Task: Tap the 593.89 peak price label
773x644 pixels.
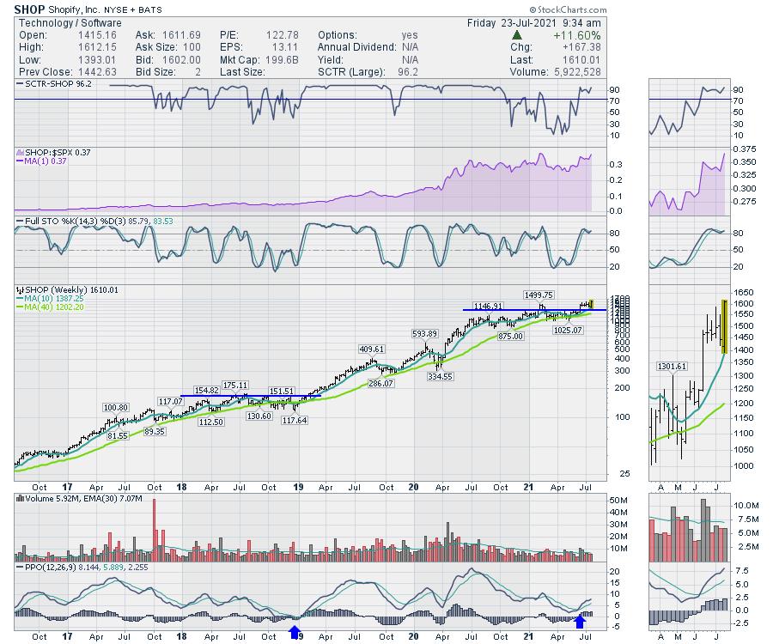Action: [424, 333]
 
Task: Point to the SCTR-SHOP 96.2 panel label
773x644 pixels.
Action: [53, 85]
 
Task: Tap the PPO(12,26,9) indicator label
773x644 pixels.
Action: [50, 567]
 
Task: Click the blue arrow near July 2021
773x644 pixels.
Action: [581, 620]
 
